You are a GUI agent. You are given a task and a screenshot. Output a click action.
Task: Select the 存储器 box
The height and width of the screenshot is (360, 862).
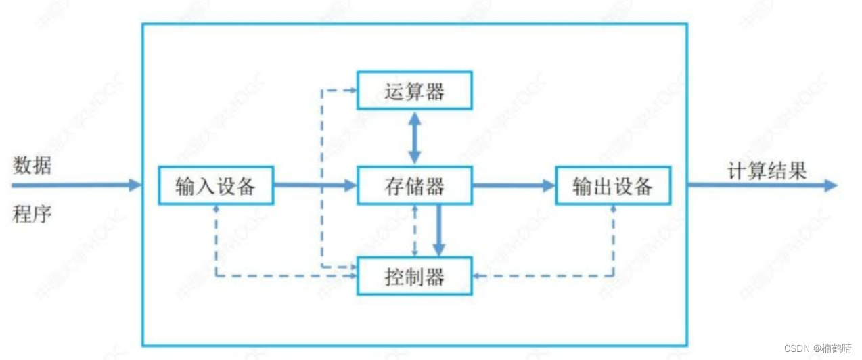(x=414, y=185)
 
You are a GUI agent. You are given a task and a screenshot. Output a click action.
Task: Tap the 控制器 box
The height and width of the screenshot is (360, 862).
(x=414, y=276)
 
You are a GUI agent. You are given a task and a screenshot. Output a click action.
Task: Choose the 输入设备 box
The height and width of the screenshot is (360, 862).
(x=216, y=185)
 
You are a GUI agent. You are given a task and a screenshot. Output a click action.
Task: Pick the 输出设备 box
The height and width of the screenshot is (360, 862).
(x=613, y=185)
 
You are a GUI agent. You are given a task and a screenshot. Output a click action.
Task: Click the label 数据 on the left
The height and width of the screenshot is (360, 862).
(x=32, y=165)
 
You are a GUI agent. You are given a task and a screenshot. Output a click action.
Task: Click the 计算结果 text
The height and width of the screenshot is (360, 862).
(x=767, y=171)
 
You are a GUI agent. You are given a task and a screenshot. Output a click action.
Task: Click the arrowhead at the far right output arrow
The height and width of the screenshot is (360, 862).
(x=831, y=185)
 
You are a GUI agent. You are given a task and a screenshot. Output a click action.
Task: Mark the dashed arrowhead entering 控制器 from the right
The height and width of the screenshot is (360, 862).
(x=476, y=275)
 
